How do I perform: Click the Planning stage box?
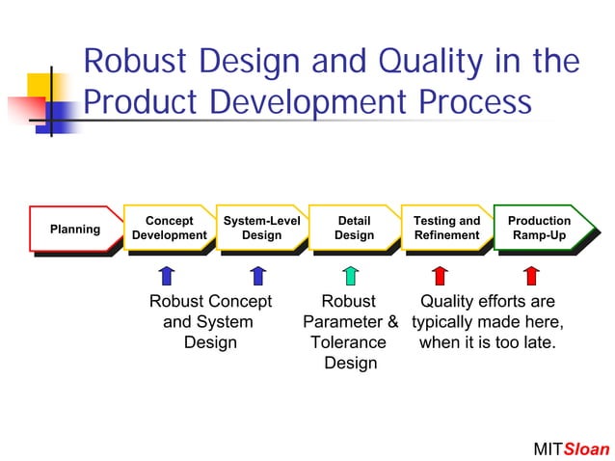[x=75, y=230]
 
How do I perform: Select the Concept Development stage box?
[x=169, y=229]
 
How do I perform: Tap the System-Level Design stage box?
[x=261, y=229]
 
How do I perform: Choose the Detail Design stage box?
[x=354, y=229]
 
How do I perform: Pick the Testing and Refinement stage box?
[x=446, y=229]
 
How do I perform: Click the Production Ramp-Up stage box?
[x=540, y=229]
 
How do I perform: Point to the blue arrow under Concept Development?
[x=166, y=276]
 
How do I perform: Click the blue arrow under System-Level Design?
[x=257, y=276]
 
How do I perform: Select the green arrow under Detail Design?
[x=350, y=276]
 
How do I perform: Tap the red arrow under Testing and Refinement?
[x=440, y=276]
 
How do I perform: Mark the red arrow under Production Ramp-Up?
[x=531, y=276]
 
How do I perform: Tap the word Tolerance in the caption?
[x=348, y=342]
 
